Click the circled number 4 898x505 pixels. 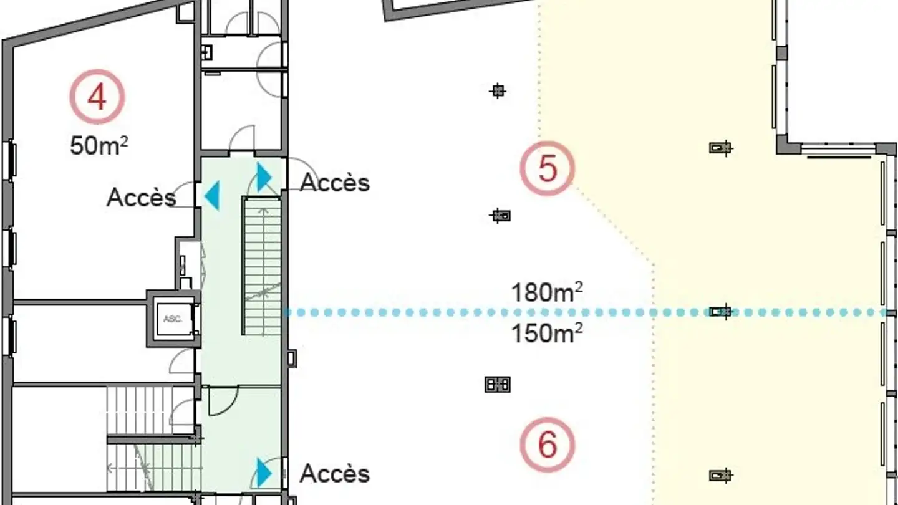click(97, 97)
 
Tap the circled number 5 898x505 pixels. click(547, 169)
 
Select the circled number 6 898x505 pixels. click(547, 445)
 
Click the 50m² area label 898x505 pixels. click(99, 146)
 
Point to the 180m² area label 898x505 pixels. click(547, 292)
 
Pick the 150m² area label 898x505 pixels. click(547, 334)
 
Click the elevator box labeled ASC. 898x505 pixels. click(173, 318)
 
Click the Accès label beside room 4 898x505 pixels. click(141, 198)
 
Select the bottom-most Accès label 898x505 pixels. click(334, 474)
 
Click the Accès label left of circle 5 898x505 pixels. click(334, 183)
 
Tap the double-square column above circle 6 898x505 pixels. click(498, 384)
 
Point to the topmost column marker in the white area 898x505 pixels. click(498, 91)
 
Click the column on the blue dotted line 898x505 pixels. click(722, 311)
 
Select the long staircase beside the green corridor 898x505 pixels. click(263, 265)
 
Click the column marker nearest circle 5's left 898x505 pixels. click(500, 216)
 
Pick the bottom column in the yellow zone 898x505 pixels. click(720, 476)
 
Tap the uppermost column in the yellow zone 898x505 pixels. click(720, 148)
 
